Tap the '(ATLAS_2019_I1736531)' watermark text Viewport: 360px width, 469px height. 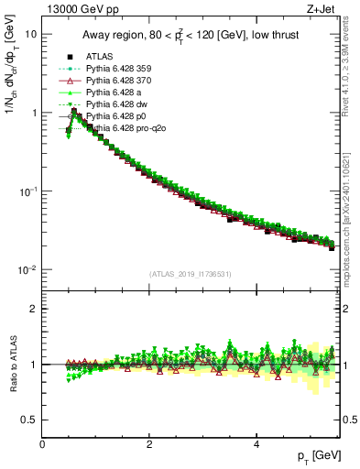191,273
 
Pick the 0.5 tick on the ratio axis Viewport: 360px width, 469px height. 29,420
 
